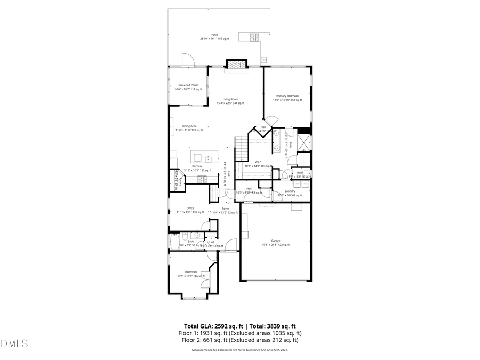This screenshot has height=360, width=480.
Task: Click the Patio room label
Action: (214, 35)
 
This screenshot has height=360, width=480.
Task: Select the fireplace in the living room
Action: (236, 66)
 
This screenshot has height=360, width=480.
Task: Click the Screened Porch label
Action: (188, 85)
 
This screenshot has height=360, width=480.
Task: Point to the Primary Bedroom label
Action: (287, 96)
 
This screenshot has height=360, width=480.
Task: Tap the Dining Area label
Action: (189, 126)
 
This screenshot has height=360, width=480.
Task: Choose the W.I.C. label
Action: (258, 162)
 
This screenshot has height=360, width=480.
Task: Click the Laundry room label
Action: (290, 191)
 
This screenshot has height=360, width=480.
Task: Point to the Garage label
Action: (275, 241)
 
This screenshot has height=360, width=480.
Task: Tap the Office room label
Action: (190, 208)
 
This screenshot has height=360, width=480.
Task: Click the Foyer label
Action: (225, 209)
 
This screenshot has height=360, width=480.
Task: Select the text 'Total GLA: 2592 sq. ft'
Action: (210, 325)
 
